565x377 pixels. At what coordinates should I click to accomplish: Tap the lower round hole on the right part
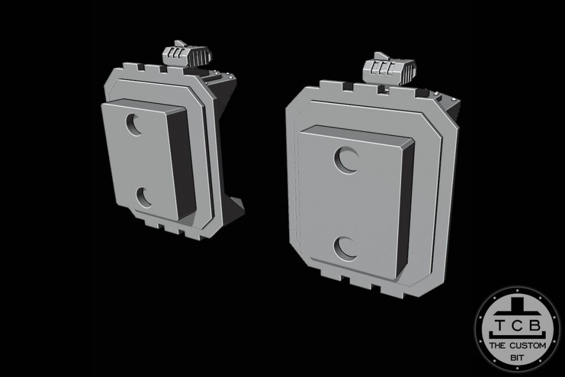[348, 248]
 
